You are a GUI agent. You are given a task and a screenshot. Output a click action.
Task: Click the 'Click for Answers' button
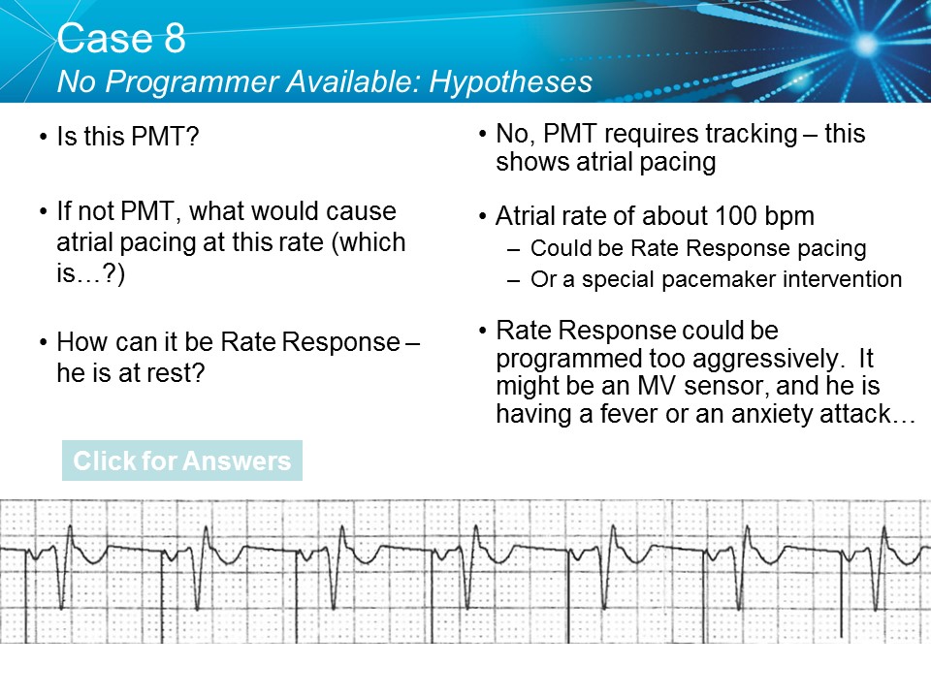[x=181, y=460]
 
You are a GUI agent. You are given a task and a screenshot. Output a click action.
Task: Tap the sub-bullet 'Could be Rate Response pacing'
[x=698, y=248]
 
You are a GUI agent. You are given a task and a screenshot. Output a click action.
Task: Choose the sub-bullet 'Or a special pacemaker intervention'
[x=716, y=280]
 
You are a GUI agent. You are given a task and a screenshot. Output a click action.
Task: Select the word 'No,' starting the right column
[x=514, y=135]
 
